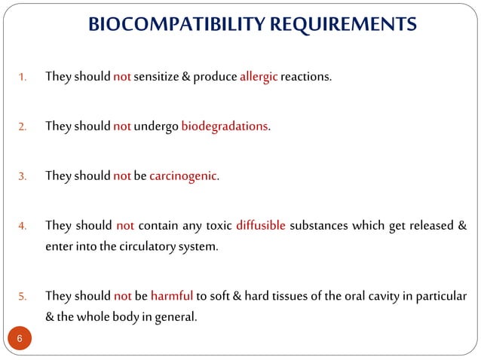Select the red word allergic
(259, 76)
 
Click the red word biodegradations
(225, 126)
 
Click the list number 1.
(23, 77)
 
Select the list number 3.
(23, 176)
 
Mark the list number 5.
(23, 295)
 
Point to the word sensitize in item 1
(158, 76)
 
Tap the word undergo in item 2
(157, 126)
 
